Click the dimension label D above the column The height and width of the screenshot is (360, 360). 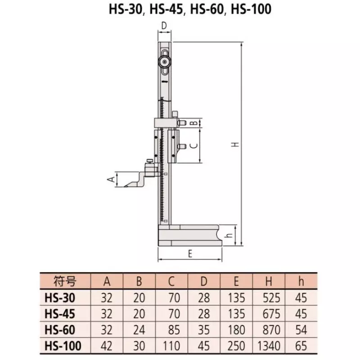pyautogui.click(x=165, y=25)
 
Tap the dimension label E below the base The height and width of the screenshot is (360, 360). pyautogui.click(x=190, y=254)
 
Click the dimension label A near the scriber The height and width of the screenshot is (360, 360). pyautogui.click(x=108, y=180)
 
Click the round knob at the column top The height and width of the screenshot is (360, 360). pyautogui.click(x=165, y=62)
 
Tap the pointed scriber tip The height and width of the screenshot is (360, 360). pyautogui.click(x=124, y=186)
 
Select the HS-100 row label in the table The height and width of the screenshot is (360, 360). pyautogui.click(x=63, y=346)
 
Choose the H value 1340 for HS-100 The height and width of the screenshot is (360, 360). pyautogui.click(x=269, y=346)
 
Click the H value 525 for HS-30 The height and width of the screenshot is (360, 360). pyautogui.click(x=269, y=297)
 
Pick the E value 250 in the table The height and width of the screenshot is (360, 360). pyautogui.click(x=236, y=346)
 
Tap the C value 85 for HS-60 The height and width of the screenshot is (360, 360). pyautogui.click(x=171, y=329)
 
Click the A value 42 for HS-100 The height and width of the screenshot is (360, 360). pyautogui.click(x=107, y=346)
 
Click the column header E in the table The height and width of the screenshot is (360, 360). pyautogui.click(x=236, y=282)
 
